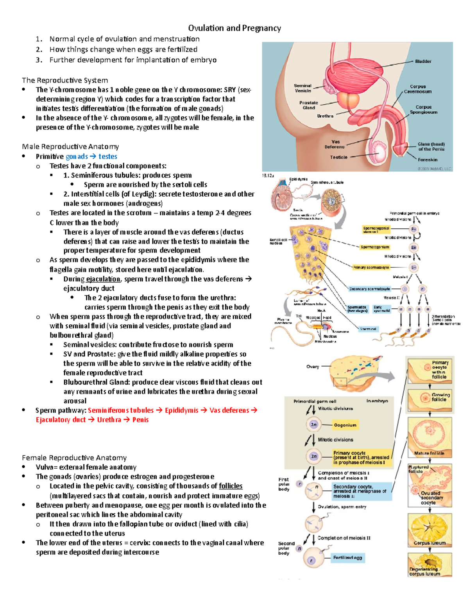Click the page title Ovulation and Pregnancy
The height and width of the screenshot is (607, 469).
pos(234,28)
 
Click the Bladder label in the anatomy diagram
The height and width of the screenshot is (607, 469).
pos(423,61)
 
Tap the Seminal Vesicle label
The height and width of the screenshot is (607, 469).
pos(303,88)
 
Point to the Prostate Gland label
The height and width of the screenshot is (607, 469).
pos(309,105)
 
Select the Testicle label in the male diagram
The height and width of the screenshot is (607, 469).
pos(338,157)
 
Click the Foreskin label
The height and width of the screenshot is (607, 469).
pos(428,159)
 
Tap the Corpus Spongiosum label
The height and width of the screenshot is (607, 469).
pos(424,109)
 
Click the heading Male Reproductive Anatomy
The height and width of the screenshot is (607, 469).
pos(70,147)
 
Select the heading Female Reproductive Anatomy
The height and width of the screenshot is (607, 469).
pos(74,458)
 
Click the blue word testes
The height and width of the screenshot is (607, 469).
pos(108,156)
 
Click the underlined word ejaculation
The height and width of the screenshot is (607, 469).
pos(103,279)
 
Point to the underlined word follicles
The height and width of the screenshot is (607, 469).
pos(231,486)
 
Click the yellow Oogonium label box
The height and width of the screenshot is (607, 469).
pos(345,425)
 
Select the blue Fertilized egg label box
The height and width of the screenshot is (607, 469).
pos(347,558)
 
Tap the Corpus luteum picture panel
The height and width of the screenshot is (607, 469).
pos(430,530)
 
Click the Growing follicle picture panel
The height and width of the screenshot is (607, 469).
pos(430,400)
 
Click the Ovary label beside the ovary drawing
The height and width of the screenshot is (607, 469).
pos(313,367)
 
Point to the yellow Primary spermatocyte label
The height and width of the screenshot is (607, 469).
pos(371,267)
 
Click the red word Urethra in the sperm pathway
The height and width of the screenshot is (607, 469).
pos(109,420)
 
